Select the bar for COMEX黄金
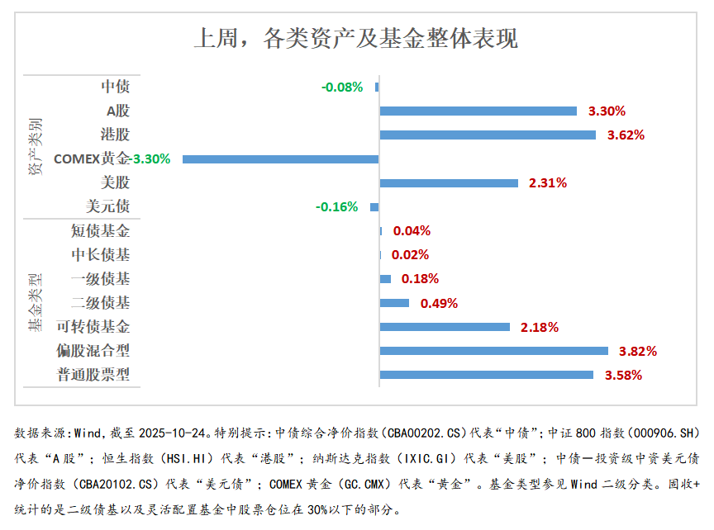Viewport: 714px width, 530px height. [x=280, y=159]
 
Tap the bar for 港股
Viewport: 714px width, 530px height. [x=488, y=135]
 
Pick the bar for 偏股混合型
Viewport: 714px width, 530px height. [x=493, y=351]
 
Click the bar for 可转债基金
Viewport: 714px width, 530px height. [x=445, y=327]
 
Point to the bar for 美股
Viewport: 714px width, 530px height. [x=449, y=182]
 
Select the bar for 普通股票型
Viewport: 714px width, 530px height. [x=486, y=375]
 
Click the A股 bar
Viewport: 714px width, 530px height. [x=478, y=111]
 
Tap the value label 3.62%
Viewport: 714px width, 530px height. [x=626, y=135]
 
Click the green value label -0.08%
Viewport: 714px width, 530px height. [x=342, y=87]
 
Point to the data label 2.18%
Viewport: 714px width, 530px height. [x=540, y=327]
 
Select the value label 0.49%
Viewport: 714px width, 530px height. [x=439, y=303]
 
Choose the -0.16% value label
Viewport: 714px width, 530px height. [x=337, y=207]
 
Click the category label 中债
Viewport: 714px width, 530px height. [x=115, y=87]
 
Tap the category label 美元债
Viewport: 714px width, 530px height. [x=107, y=206]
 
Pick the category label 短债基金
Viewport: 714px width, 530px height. [x=100, y=231]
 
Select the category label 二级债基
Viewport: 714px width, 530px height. [x=100, y=303]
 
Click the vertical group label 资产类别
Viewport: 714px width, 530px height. [x=36, y=146]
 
